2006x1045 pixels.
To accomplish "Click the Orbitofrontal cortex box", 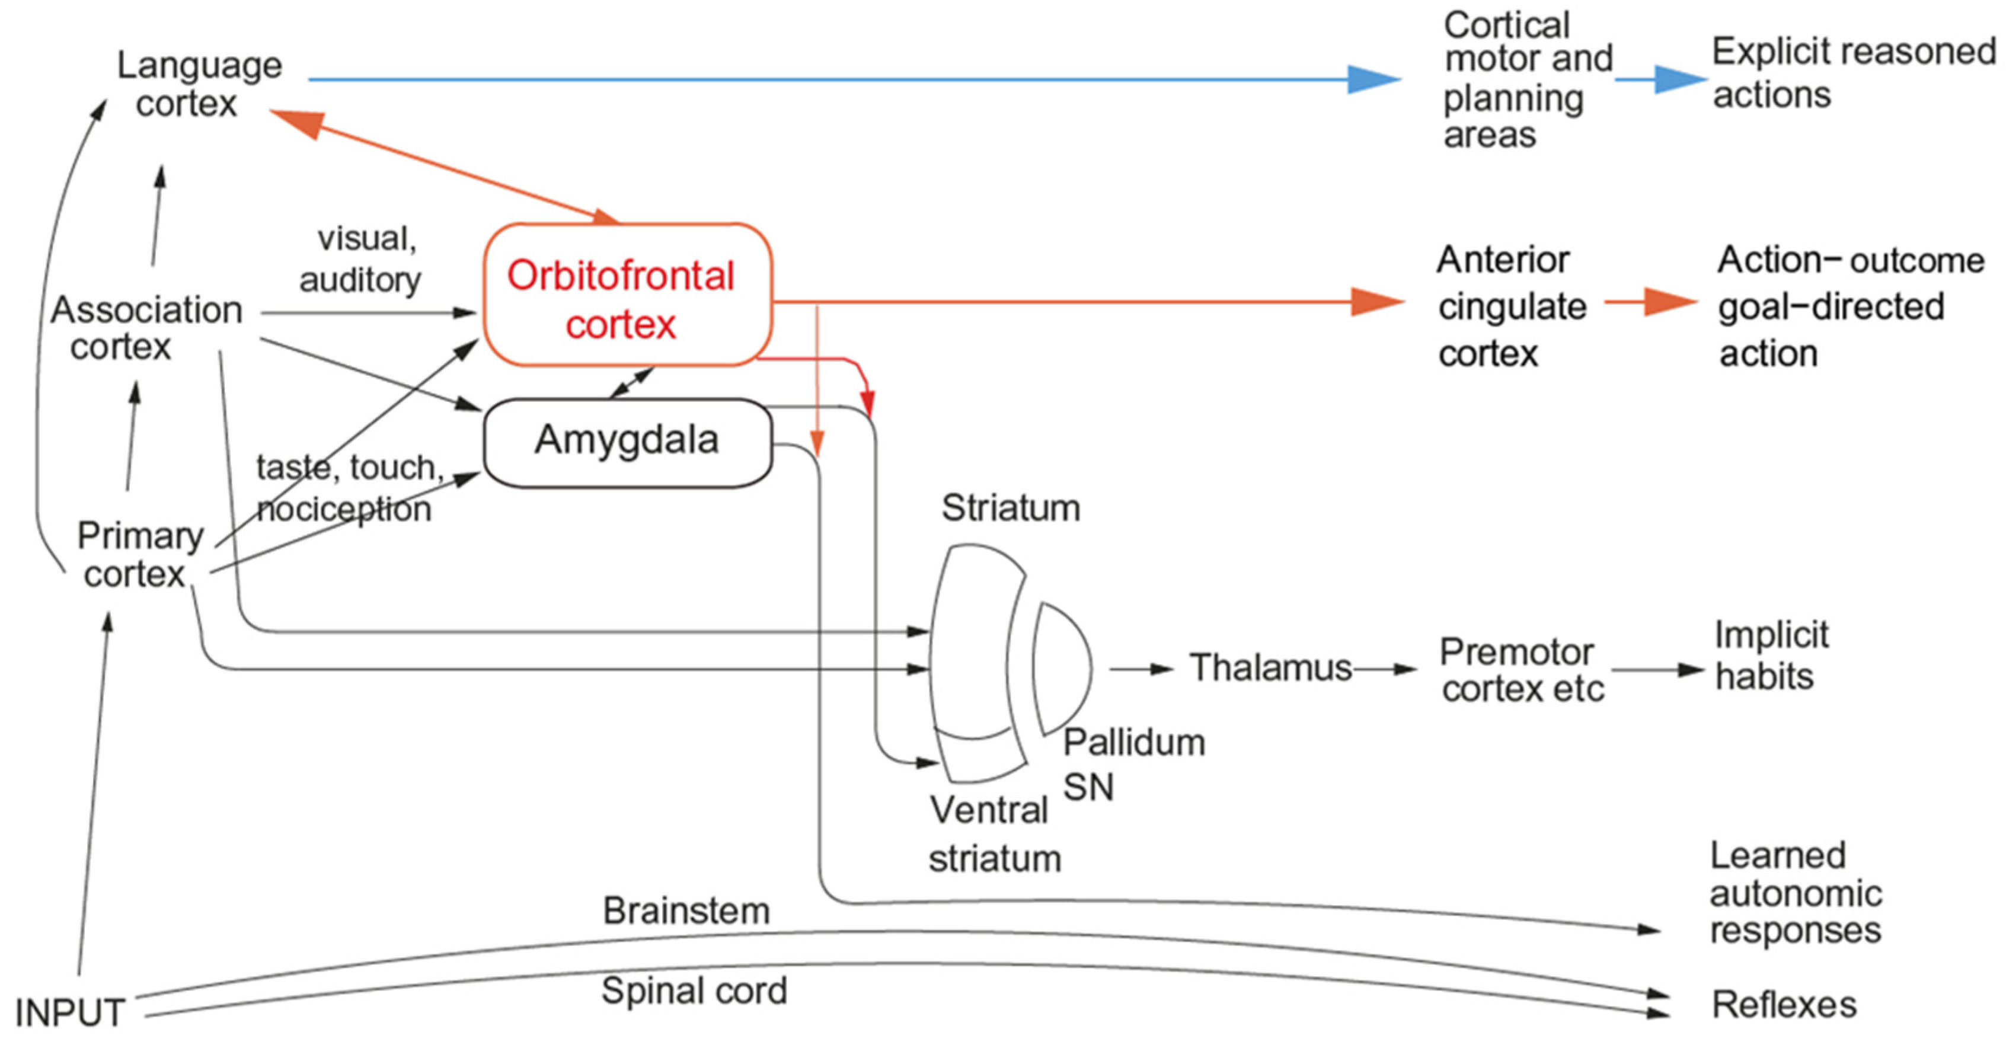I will [627, 296].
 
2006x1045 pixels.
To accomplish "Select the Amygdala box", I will [627, 442].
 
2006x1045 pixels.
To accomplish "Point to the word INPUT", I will [70, 1013].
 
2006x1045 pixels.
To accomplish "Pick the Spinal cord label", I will [694, 991].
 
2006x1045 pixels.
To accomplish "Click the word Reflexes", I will [1783, 1005].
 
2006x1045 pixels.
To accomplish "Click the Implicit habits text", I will [1769, 656].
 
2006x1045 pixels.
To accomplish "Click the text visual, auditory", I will [363, 258].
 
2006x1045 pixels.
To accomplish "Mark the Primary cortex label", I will [138, 554].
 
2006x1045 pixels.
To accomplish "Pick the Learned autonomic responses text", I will [1795, 893].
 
